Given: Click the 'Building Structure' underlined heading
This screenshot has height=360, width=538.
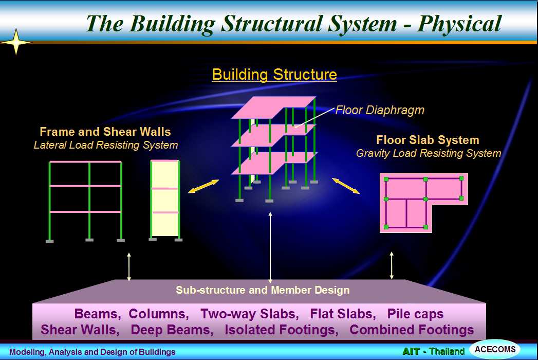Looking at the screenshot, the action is pyautogui.click(x=274, y=75).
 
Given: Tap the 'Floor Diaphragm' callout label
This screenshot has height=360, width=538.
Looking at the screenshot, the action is pyautogui.click(x=380, y=110).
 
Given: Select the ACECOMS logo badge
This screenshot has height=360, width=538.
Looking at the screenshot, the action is pyautogui.click(x=495, y=349).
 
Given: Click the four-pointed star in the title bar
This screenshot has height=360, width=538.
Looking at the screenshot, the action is pyautogui.click(x=16, y=42).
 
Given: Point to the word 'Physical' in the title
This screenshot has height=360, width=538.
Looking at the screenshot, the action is pyautogui.click(x=459, y=24).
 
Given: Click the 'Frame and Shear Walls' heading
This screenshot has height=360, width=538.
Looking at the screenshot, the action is pyautogui.click(x=105, y=132).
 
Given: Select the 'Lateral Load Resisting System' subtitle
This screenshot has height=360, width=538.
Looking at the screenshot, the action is pyautogui.click(x=106, y=145).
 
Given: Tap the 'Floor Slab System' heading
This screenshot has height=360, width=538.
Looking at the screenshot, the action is pyautogui.click(x=428, y=140).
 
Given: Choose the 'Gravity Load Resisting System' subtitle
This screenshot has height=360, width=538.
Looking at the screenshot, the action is pyautogui.click(x=429, y=153).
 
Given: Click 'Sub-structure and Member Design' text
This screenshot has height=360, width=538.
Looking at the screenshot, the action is pyautogui.click(x=263, y=290).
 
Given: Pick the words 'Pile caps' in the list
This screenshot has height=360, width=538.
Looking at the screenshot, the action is pyautogui.click(x=415, y=314).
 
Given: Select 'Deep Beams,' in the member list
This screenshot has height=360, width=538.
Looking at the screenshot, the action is pyautogui.click(x=172, y=330).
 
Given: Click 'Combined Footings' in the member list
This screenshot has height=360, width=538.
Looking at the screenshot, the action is pyautogui.click(x=412, y=330).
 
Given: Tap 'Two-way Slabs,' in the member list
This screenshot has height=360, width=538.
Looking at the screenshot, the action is pyautogui.click(x=249, y=314).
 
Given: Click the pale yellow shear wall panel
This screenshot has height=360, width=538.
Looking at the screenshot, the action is pyautogui.click(x=165, y=199).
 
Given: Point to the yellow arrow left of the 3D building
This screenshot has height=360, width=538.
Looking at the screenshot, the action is pyautogui.click(x=203, y=186).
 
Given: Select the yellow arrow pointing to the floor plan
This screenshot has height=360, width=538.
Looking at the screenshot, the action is pyautogui.click(x=346, y=186).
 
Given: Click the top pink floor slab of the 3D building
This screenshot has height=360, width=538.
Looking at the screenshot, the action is pyautogui.click(x=273, y=107).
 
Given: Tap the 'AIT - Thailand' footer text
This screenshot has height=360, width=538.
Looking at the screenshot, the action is pyautogui.click(x=433, y=351).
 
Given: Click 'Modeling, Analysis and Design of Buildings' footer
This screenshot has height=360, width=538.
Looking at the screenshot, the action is pyautogui.click(x=92, y=352).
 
